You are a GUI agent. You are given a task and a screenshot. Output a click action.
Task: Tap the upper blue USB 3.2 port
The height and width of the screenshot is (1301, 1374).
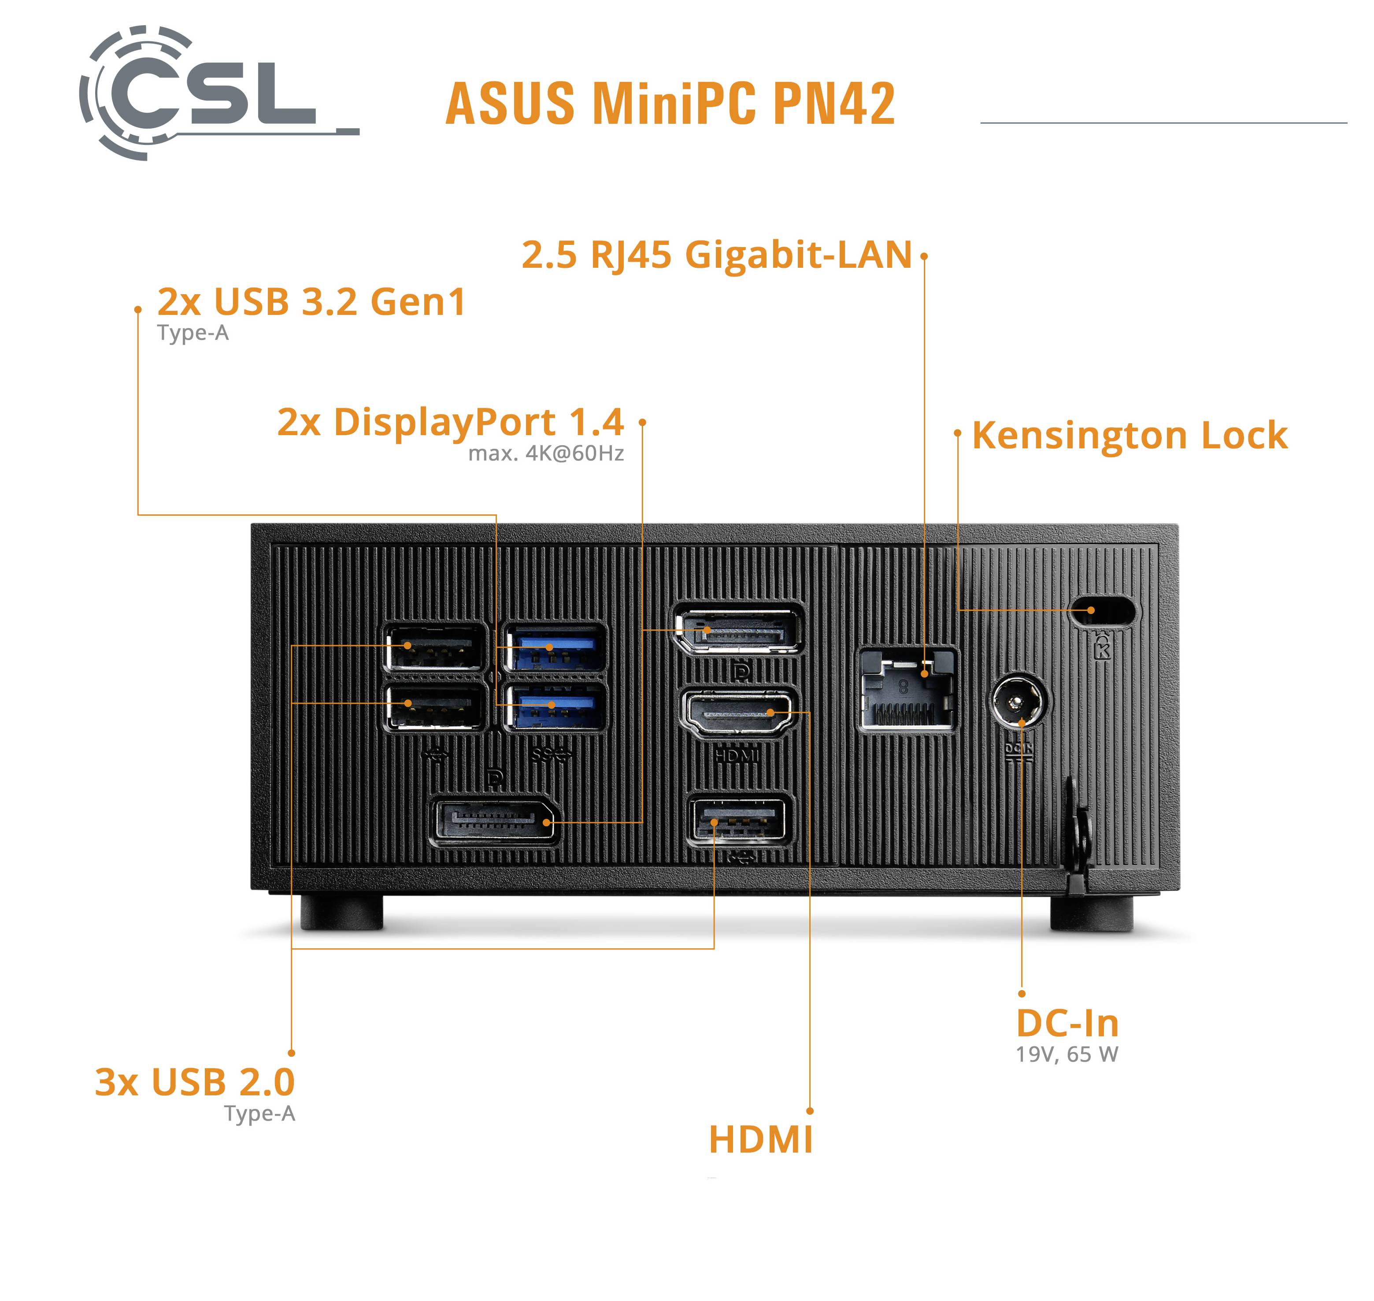tap(556, 648)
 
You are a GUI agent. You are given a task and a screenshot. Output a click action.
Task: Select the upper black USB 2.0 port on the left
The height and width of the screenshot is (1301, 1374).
tap(435, 648)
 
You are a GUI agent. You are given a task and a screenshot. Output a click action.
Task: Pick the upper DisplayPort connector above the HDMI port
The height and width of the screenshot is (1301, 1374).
tap(739, 630)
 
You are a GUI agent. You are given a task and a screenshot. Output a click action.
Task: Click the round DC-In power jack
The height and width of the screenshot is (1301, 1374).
tap(1018, 702)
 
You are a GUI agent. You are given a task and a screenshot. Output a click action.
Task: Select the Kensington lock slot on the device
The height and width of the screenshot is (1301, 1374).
tap(1103, 611)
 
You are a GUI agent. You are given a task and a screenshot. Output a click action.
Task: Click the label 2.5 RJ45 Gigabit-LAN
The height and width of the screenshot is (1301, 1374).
tap(716, 255)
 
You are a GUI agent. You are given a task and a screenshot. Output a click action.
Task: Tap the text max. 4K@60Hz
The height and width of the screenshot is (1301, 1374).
tap(546, 454)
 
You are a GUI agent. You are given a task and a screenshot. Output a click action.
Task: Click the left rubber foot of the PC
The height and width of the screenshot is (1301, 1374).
tap(341, 912)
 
